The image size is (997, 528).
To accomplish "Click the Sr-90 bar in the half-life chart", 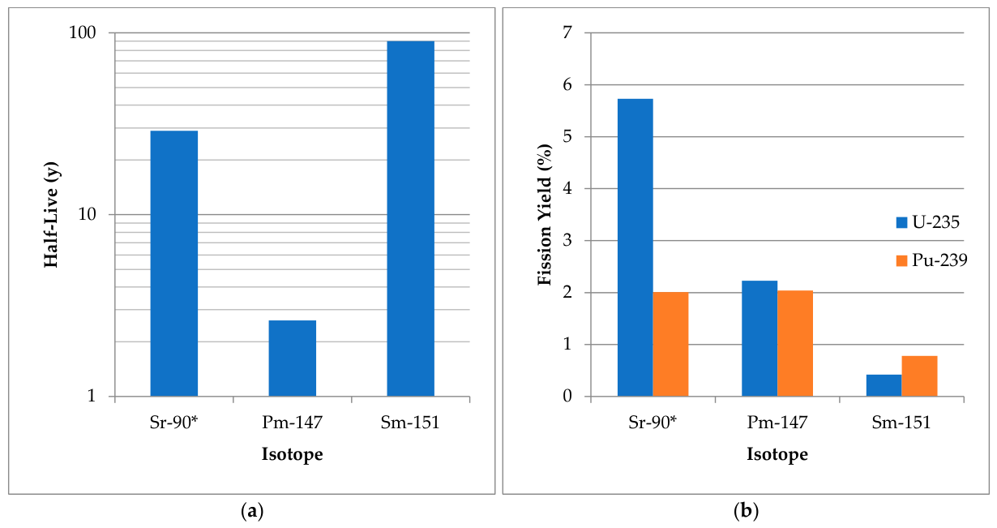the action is coord(174,264).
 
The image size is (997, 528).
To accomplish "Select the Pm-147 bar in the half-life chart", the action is coord(293,358).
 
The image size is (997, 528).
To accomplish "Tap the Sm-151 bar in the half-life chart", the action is coord(411,219).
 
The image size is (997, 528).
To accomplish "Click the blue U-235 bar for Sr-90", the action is coord(635,247).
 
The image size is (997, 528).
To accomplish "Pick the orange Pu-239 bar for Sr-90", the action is coord(671,344).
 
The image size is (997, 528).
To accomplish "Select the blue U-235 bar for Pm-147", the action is coord(760,338).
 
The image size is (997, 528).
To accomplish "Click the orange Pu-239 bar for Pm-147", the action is coord(795,343).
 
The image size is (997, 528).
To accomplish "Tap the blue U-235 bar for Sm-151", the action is coord(884,385).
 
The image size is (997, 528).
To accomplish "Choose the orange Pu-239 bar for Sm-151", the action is coord(919,376).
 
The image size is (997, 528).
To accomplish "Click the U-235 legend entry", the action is coord(927,222).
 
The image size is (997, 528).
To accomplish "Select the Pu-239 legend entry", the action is coord(931,260).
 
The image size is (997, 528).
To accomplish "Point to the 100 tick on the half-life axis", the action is coord(83,32).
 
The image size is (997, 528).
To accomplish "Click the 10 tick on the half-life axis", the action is coord(88,215).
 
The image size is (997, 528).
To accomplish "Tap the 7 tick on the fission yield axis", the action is coord(567,32).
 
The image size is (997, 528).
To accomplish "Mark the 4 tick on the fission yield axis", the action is coord(567,188).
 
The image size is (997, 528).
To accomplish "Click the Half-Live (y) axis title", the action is coord(51,215).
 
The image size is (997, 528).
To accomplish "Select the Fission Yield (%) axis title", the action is coord(545,215).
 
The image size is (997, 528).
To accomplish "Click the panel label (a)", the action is coord(252,511).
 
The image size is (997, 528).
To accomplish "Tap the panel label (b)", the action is coord(746,511).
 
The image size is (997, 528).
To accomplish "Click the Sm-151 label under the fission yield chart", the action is coord(901,422).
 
